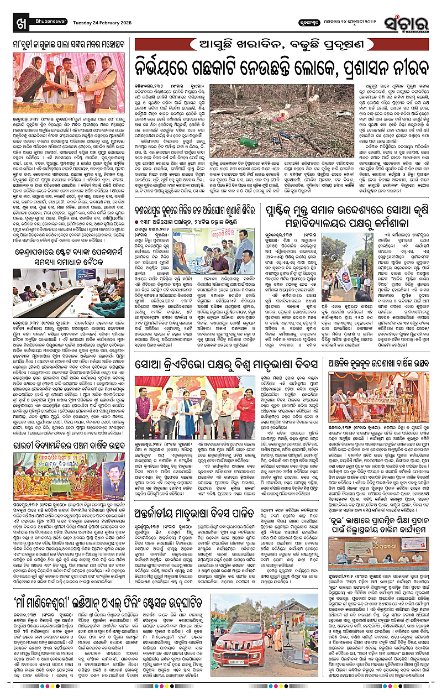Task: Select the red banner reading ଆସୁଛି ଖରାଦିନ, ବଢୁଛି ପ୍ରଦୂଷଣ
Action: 285,41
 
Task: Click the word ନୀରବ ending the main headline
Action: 412,65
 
